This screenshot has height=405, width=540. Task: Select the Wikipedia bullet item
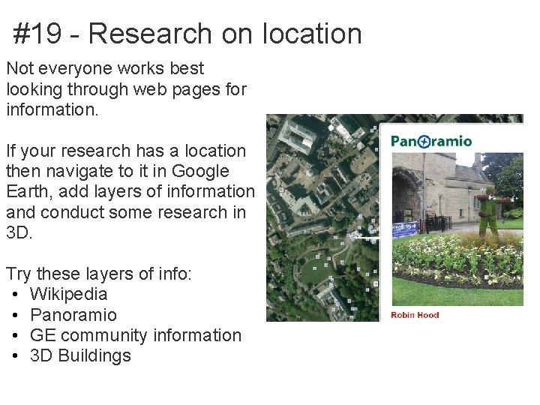[68, 294]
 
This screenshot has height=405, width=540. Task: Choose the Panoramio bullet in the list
[73, 314]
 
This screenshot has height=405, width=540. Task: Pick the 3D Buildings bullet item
[80, 355]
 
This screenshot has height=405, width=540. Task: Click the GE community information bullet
[135, 335]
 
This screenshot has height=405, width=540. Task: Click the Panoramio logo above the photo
[431, 141]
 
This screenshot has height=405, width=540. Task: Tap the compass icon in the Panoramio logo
[424, 141]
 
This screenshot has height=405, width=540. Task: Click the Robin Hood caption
[415, 314]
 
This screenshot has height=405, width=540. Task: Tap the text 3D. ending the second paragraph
[19, 232]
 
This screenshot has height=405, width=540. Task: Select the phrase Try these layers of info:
[99, 274]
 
